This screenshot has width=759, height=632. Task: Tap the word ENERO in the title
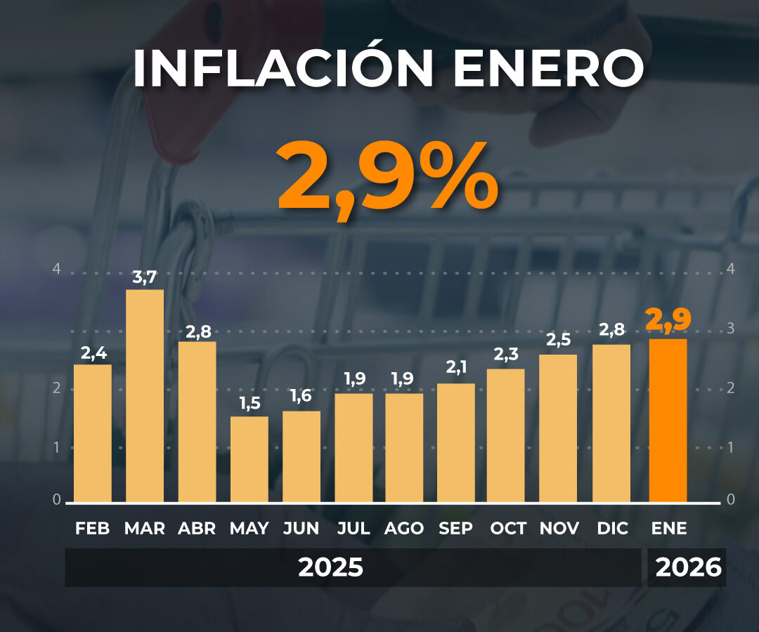[547, 68]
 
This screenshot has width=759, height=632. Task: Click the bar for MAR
[145, 396]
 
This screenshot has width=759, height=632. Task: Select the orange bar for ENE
[668, 421]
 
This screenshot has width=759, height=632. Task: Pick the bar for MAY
[249, 459]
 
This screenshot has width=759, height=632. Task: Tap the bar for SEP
[456, 443]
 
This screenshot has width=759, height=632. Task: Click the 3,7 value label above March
[145, 277]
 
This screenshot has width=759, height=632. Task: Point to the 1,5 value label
[249, 403]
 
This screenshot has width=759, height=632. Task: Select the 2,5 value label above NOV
[558, 341]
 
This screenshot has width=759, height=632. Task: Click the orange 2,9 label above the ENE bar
[668, 320]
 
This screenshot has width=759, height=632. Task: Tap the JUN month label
[301, 528]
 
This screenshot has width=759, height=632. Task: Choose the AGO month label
[404, 528]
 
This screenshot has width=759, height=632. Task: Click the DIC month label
[612, 528]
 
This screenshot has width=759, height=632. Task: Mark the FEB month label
[93, 528]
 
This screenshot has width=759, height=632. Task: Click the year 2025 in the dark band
[330, 567]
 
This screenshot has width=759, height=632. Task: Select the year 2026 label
[688, 567]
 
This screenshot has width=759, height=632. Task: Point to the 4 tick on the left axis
[57, 268]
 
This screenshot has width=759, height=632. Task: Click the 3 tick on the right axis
[731, 329]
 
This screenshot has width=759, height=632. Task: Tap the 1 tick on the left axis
[57, 447]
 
